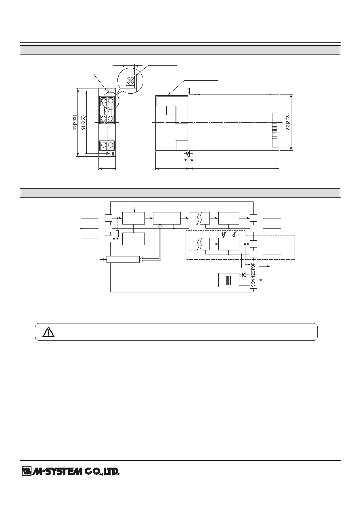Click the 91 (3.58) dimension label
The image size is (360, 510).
(x=84, y=123)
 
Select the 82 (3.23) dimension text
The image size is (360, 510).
(x=288, y=122)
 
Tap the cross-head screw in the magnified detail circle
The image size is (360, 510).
(x=130, y=80)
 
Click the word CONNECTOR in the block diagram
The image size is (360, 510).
(x=253, y=275)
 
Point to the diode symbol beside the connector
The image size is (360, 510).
(x=245, y=275)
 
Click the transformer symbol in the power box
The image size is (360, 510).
(x=229, y=280)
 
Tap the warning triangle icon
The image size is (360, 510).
(x=48, y=332)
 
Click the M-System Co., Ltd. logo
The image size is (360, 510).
(x=71, y=471)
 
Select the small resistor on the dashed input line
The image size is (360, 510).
(x=117, y=233)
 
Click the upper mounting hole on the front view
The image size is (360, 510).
(x=107, y=91)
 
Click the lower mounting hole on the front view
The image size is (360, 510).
(x=107, y=154)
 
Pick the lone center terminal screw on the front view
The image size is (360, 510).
(x=107, y=110)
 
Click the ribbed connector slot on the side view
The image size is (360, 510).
(x=275, y=130)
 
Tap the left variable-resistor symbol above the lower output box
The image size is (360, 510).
(x=224, y=234)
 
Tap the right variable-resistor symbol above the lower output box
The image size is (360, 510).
(x=234, y=234)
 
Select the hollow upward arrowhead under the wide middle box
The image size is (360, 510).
(x=160, y=226)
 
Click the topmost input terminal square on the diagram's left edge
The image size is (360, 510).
(x=108, y=218)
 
